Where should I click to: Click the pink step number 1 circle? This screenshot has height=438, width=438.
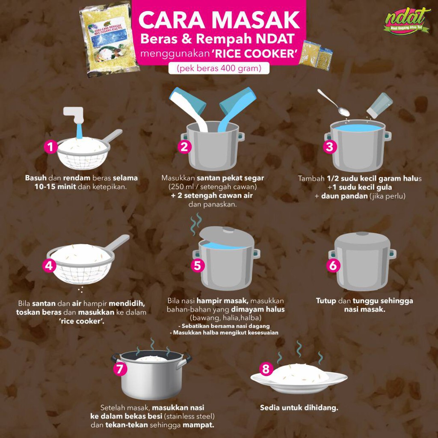50,148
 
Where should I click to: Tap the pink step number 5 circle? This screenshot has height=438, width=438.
197,265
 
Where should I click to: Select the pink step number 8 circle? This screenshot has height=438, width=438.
266,369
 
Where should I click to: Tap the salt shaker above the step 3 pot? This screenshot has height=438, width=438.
379,105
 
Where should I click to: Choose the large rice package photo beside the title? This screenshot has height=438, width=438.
109,39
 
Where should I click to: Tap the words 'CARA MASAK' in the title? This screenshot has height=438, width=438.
219,20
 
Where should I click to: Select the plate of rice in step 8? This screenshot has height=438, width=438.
299,379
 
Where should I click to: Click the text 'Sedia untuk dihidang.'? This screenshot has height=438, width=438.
299,408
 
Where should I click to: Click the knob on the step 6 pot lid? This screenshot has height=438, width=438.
362,234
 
